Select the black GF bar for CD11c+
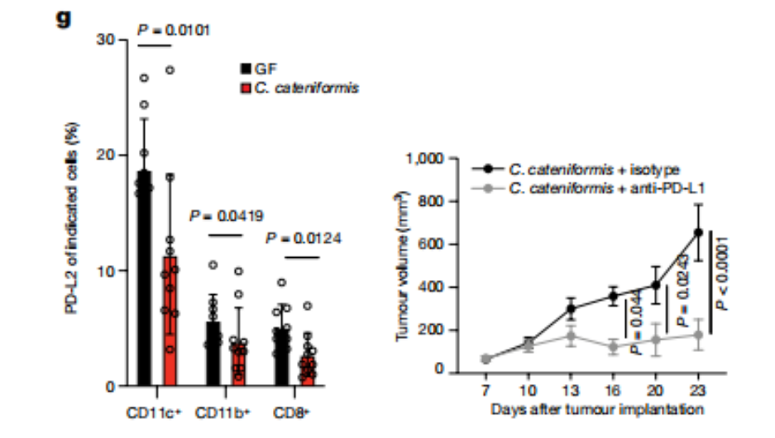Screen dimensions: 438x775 [144, 281]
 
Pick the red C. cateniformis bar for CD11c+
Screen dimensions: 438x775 [169, 322]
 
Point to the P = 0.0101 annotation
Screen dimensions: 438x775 [173, 31]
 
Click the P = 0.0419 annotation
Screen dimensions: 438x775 [227, 217]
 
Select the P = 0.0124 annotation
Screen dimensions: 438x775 [304, 239]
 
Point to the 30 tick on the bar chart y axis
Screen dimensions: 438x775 [108, 40]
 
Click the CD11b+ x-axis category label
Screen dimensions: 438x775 [219, 411]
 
